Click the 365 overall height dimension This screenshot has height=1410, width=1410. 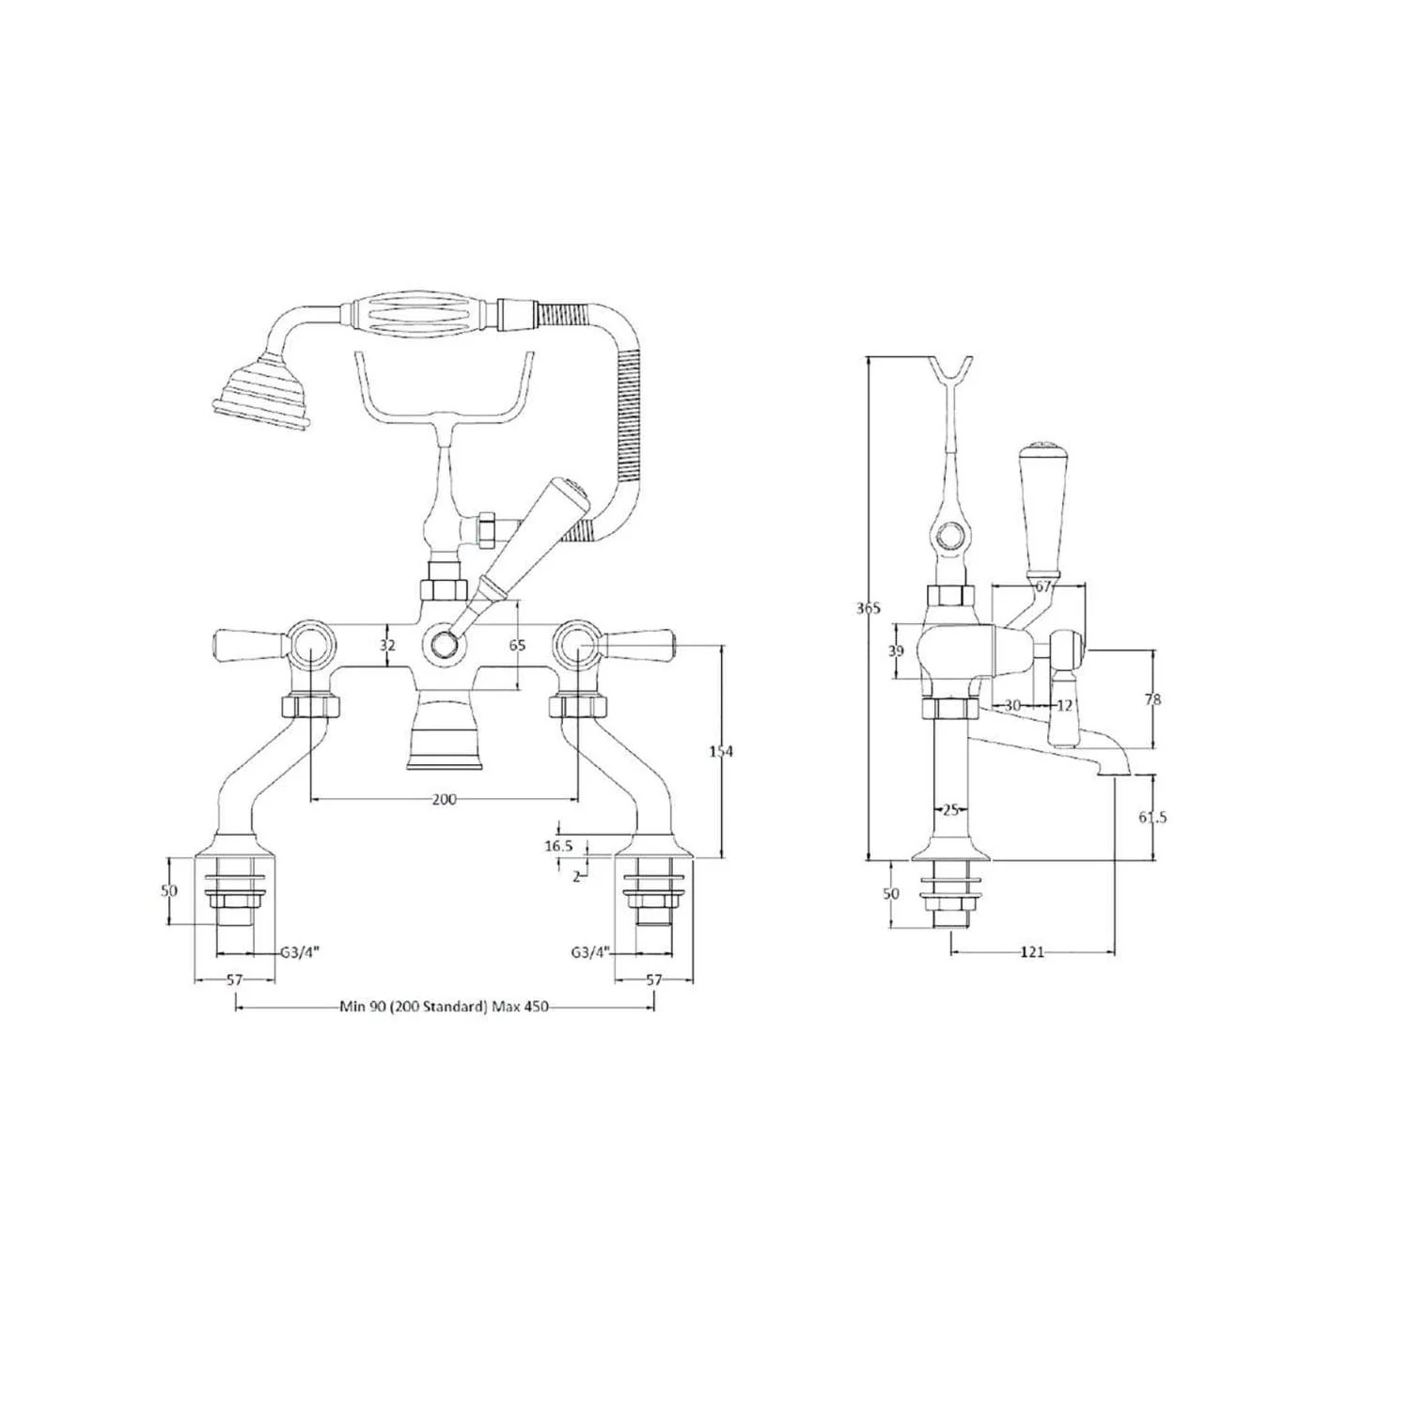tap(869, 608)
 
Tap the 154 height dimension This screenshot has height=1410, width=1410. tap(721, 751)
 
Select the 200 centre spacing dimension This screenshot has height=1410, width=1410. tap(444, 799)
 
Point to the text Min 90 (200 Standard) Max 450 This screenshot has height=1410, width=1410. tap(444, 1007)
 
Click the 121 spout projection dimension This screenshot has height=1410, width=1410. tap(1032, 952)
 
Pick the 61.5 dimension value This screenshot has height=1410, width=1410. tap(1152, 817)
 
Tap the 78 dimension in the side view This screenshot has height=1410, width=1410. tap(1153, 699)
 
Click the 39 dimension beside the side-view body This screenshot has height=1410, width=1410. tap(896, 650)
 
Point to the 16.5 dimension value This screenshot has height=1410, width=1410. tap(558, 846)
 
